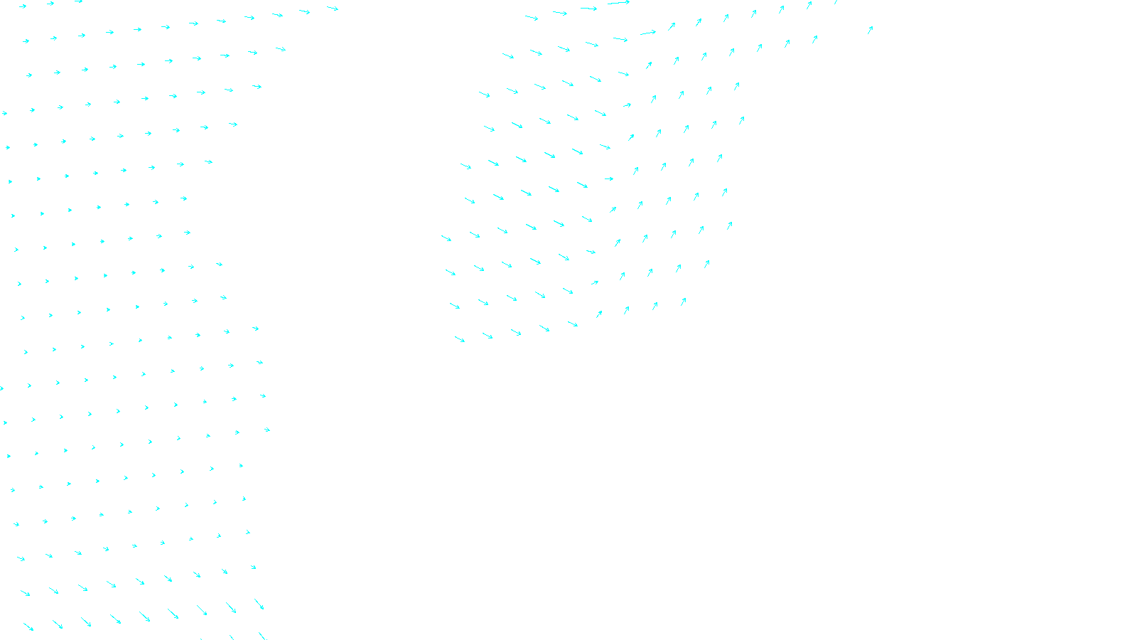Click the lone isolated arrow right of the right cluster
[x=870, y=30]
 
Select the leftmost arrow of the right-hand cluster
[x=446, y=238]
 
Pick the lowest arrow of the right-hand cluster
[x=460, y=339]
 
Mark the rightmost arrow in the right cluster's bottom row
[x=683, y=302]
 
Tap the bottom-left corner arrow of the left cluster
[x=28, y=626]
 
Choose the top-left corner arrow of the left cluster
[x=23, y=6]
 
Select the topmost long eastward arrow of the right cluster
[x=618, y=3]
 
